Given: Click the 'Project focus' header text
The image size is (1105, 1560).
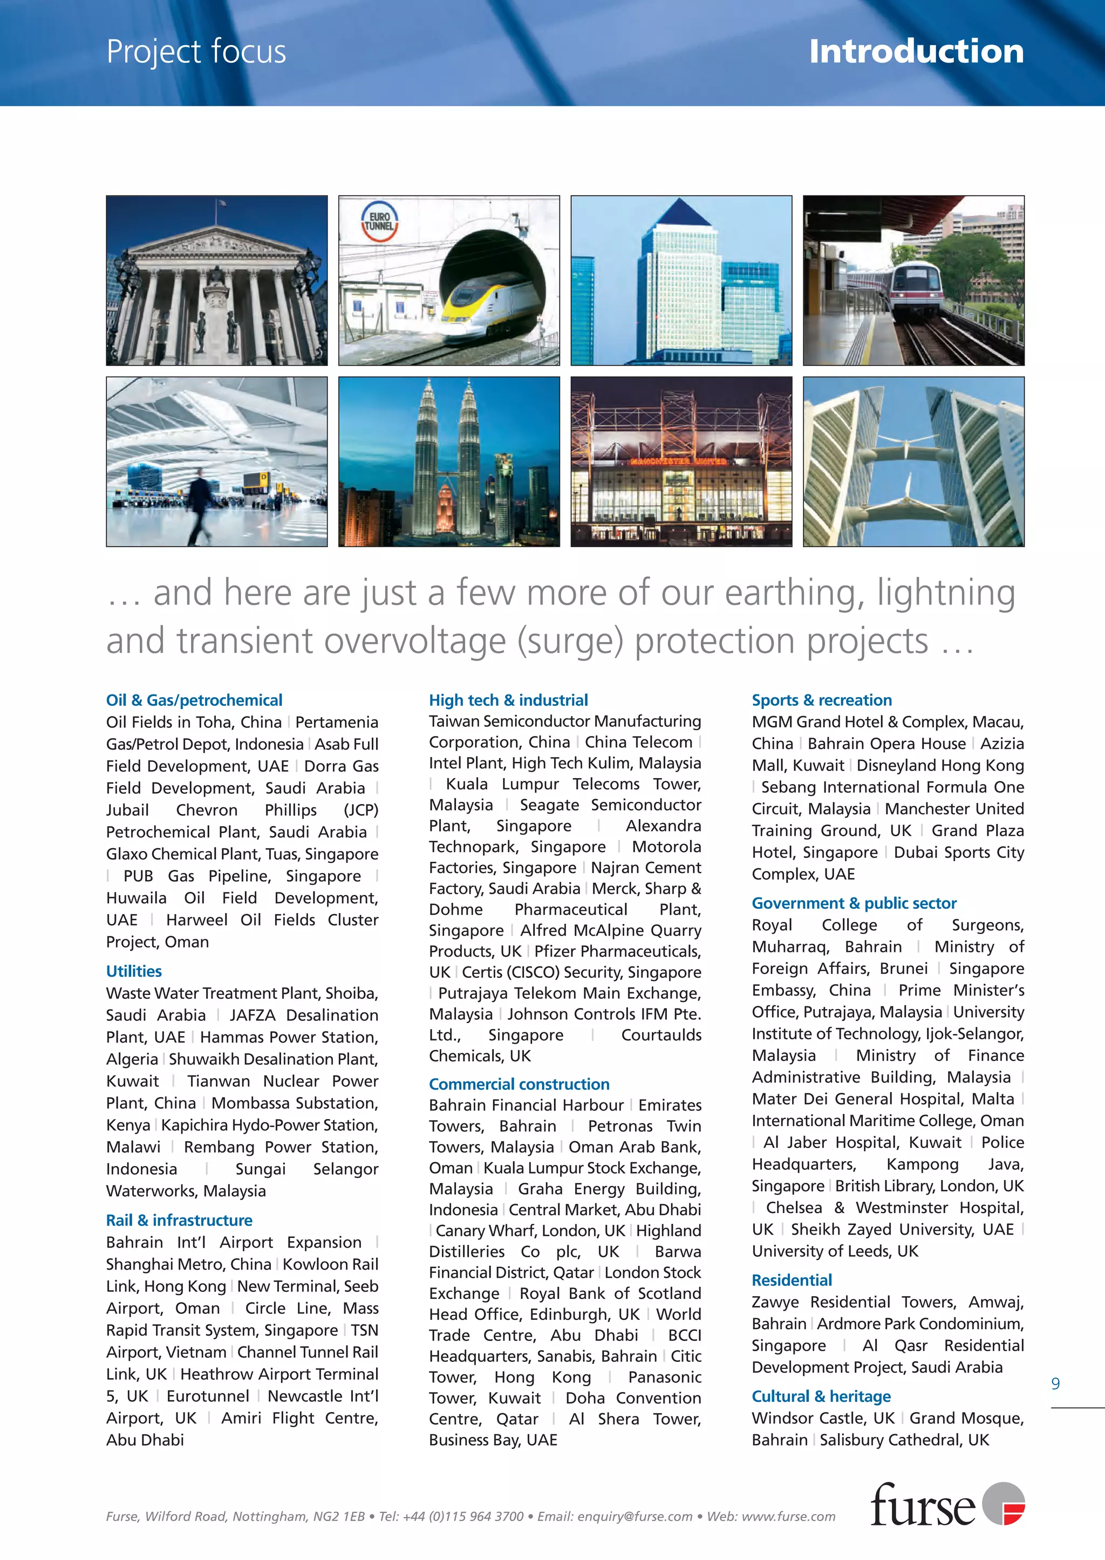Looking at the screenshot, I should (x=196, y=52).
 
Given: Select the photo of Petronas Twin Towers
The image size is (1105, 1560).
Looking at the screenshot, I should (x=448, y=461).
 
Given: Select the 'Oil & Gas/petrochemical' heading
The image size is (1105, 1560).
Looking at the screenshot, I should (x=194, y=700).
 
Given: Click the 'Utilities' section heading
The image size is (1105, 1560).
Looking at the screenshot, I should (x=133, y=971).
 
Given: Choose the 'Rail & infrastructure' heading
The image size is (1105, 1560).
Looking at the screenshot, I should (x=179, y=1220).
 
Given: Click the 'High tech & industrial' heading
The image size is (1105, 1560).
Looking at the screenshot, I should (x=508, y=700).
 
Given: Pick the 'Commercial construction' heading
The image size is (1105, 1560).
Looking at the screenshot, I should (x=519, y=1084).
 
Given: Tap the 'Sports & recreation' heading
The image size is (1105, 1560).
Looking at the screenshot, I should (x=821, y=700).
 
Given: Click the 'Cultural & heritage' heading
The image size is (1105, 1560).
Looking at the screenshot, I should (x=821, y=1396).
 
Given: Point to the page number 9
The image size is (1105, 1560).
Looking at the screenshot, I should (x=1055, y=1384).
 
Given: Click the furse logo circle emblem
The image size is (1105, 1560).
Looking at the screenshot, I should (x=1004, y=1503).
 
